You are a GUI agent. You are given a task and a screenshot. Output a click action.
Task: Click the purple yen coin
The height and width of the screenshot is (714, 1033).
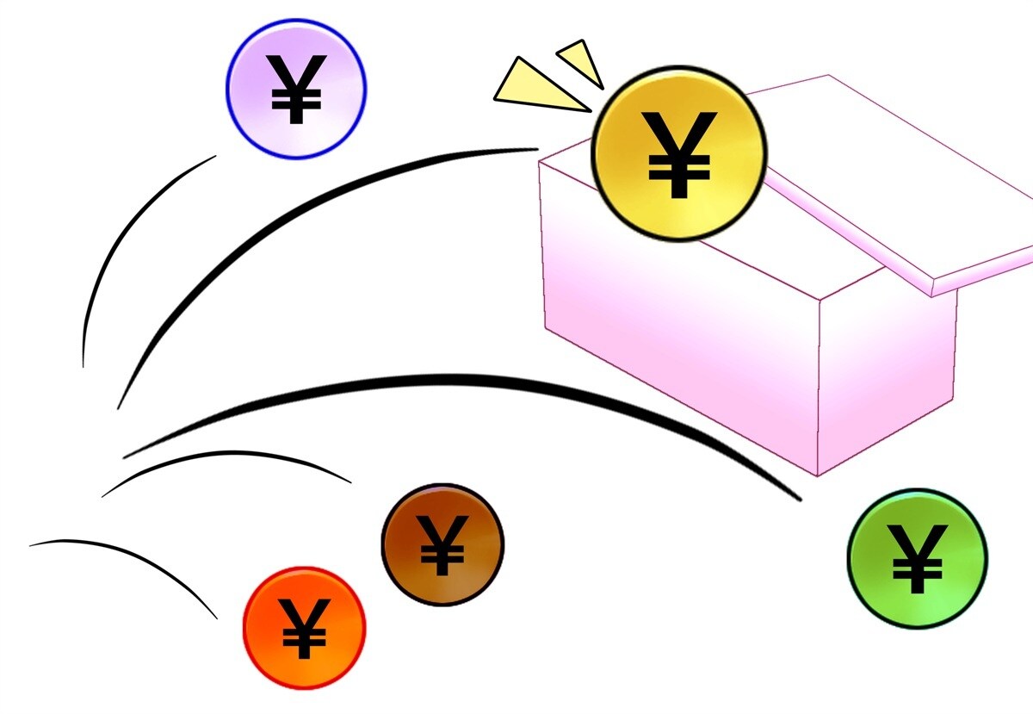[x=296, y=89]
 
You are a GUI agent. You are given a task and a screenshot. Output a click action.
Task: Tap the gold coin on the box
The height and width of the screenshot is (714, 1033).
[x=679, y=153]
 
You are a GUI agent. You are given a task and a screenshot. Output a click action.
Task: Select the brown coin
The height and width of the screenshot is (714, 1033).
[x=442, y=544]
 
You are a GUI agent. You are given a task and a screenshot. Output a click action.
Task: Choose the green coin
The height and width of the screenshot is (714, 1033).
[x=918, y=559]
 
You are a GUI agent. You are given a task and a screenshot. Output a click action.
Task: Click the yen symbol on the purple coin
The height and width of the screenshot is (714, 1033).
[x=296, y=90]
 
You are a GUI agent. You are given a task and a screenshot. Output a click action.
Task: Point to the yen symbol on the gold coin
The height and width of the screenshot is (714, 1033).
[x=679, y=155]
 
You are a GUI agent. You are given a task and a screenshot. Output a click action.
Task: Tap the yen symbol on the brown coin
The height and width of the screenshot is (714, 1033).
[x=442, y=545]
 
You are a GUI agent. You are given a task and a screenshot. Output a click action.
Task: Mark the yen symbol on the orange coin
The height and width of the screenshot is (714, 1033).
[x=305, y=629]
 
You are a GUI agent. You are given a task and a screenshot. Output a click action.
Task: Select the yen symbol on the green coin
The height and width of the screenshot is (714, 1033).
[x=918, y=559]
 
